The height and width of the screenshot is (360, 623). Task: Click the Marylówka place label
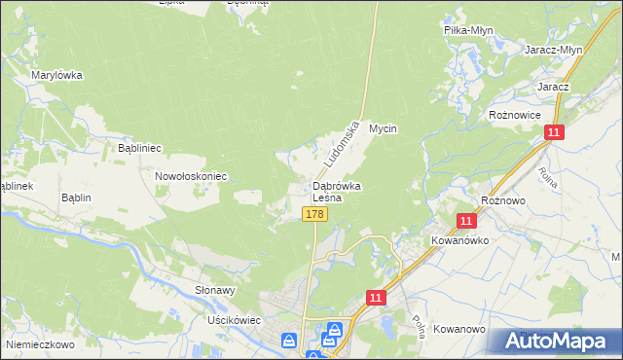56,75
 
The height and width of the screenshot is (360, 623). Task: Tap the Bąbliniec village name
139,148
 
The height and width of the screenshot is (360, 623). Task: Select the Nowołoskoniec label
191,176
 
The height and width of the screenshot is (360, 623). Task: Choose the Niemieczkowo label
40,343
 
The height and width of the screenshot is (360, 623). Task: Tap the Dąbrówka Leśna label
337,191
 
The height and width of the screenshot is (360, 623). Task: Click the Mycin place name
384,128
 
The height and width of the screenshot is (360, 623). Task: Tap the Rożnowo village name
504,199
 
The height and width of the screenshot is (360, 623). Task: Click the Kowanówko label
459,239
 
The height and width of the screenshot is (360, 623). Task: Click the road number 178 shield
313,214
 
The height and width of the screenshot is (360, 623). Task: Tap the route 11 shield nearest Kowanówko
466,222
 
